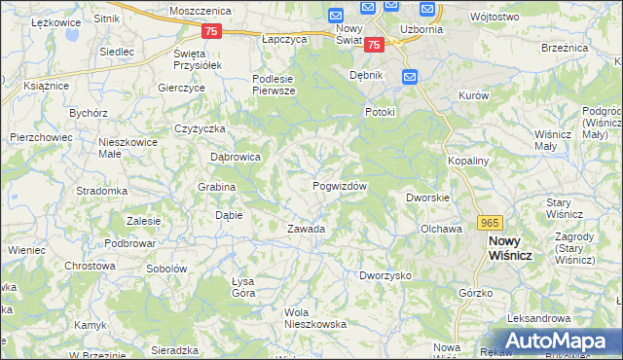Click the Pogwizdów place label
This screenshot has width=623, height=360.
click(x=339, y=186)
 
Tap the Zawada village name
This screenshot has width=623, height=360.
click(x=305, y=229)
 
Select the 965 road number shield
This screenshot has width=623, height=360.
click(x=490, y=223)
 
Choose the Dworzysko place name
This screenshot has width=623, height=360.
click(x=385, y=275)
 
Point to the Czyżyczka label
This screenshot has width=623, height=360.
click(x=201, y=128)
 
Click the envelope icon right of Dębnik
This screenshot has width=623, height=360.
click(x=410, y=76)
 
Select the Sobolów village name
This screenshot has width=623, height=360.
click(x=165, y=268)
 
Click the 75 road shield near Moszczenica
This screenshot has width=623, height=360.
click(x=213, y=31)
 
